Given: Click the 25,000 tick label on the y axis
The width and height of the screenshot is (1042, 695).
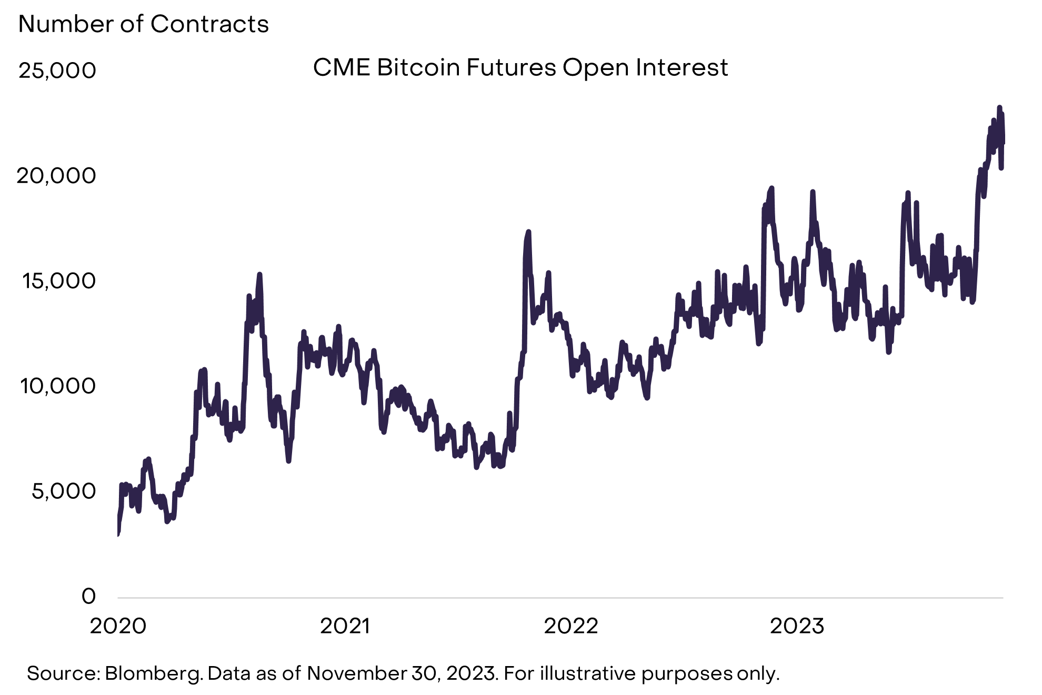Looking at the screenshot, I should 57,70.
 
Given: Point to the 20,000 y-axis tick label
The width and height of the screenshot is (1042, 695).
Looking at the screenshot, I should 56,176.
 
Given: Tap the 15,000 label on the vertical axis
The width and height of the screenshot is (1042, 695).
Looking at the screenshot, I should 59,281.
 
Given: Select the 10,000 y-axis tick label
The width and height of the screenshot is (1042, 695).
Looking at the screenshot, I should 58,386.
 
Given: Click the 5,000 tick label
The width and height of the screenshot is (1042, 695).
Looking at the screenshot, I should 64,491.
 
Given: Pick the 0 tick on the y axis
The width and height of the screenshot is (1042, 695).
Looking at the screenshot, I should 89,597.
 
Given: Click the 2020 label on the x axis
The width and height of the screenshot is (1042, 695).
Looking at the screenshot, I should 118,626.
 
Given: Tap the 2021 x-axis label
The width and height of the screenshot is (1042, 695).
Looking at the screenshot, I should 345,626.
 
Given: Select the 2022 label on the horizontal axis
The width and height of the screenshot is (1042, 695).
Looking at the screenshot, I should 571,626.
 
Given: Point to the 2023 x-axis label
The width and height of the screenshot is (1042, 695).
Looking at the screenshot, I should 797,626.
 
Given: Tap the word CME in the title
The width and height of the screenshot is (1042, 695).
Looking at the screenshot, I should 342,68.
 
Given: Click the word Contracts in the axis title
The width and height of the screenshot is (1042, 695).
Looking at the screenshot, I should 209,24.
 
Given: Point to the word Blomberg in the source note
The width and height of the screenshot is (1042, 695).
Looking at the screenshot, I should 154,673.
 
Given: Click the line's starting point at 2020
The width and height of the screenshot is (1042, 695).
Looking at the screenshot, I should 118,534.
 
